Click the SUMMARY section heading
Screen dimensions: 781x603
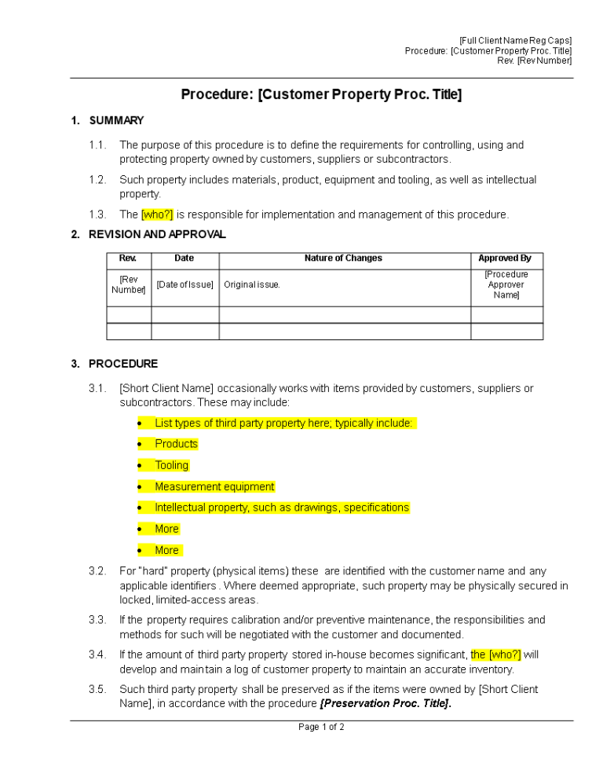(x=116, y=120)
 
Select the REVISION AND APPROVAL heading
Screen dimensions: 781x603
(x=157, y=234)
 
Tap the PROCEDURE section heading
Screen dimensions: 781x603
(x=123, y=364)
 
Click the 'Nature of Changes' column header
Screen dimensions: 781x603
(x=344, y=258)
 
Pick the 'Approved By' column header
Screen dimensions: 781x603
(x=506, y=258)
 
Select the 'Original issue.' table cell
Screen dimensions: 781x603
(x=252, y=284)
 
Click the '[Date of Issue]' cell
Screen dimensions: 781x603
(x=185, y=284)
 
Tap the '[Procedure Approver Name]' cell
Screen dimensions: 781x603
(x=506, y=284)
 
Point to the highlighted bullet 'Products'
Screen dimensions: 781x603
(x=176, y=444)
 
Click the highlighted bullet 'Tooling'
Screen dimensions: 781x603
(x=171, y=465)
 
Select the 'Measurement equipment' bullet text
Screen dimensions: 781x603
(x=214, y=486)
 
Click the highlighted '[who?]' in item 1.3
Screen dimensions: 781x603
(x=157, y=214)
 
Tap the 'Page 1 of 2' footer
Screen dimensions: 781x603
(x=321, y=727)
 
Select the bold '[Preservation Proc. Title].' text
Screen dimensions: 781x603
(x=386, y=703)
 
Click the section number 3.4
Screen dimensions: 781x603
(x=97, y=654)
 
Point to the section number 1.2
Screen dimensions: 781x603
(x=97, y=180)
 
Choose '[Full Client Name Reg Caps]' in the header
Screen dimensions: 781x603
(x=516, y=41)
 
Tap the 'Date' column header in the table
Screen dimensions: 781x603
(x=185, y=258)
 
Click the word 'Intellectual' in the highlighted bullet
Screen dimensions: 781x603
(x=182, y=508)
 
